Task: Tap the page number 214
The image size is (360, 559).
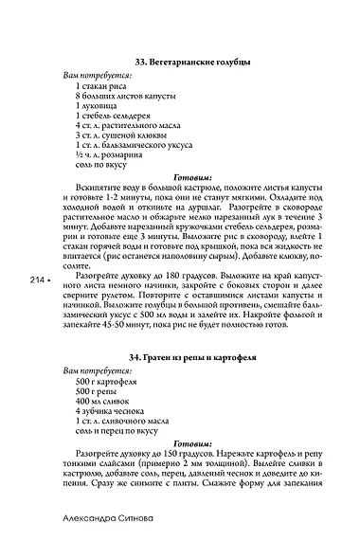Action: pos(37,279)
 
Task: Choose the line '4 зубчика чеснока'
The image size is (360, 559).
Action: pos(112,414)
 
